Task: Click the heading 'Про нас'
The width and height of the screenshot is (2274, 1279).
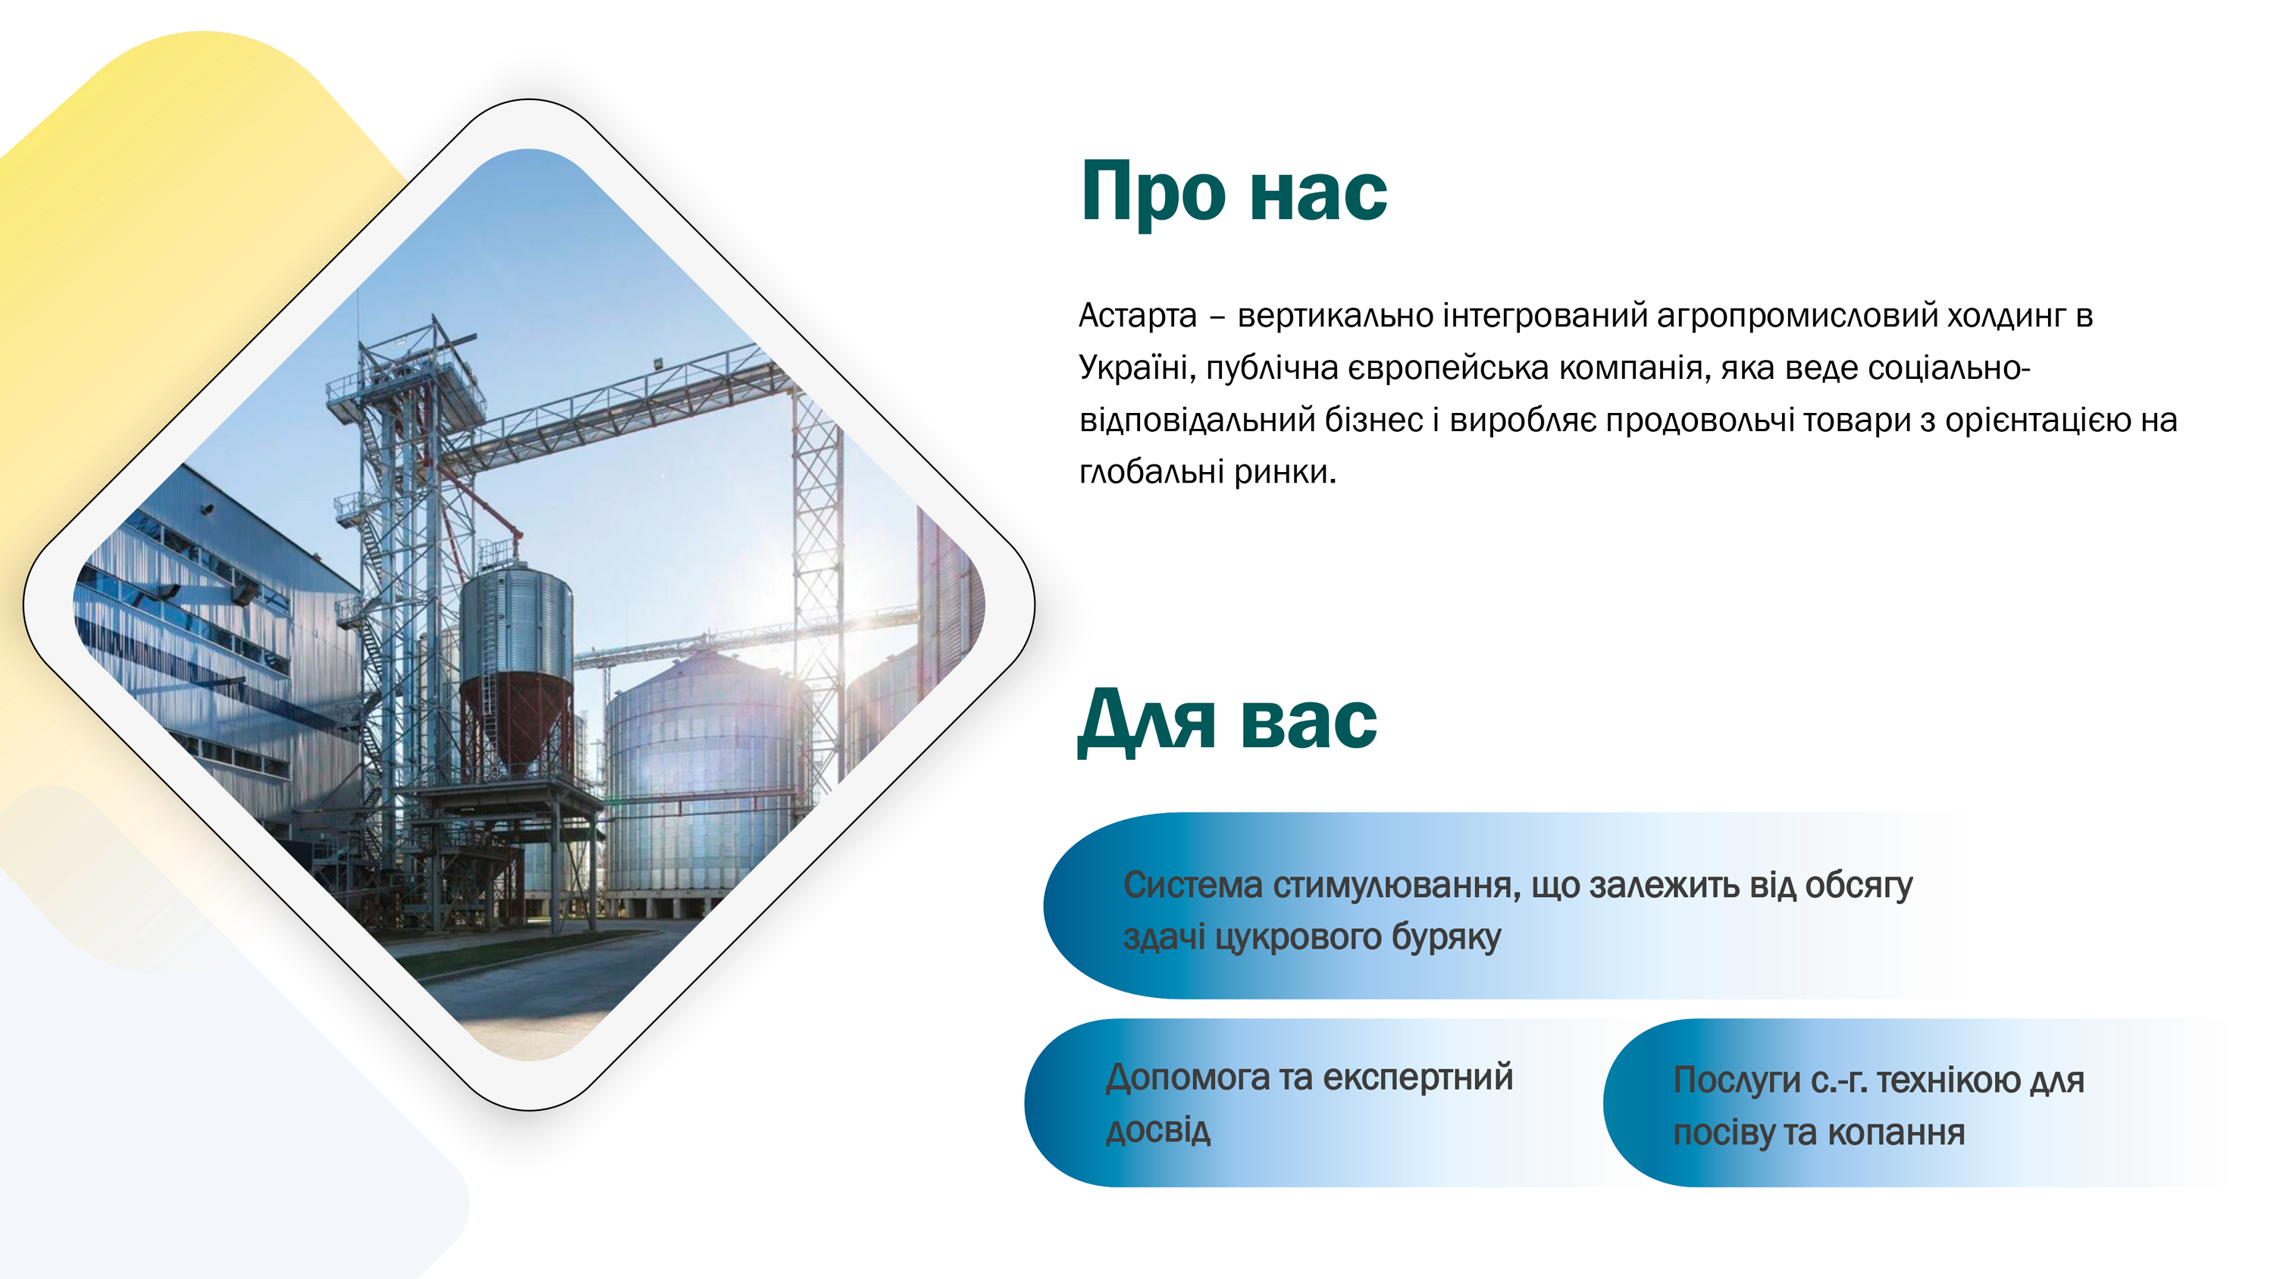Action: point(1234,192)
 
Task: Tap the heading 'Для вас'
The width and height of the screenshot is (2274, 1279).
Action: point(1227,721)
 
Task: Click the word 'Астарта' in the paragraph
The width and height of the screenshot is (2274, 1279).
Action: point(1138,315)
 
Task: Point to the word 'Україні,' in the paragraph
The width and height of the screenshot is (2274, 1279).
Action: point(1137,367)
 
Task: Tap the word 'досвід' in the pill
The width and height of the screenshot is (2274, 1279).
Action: point(1158,1130)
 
